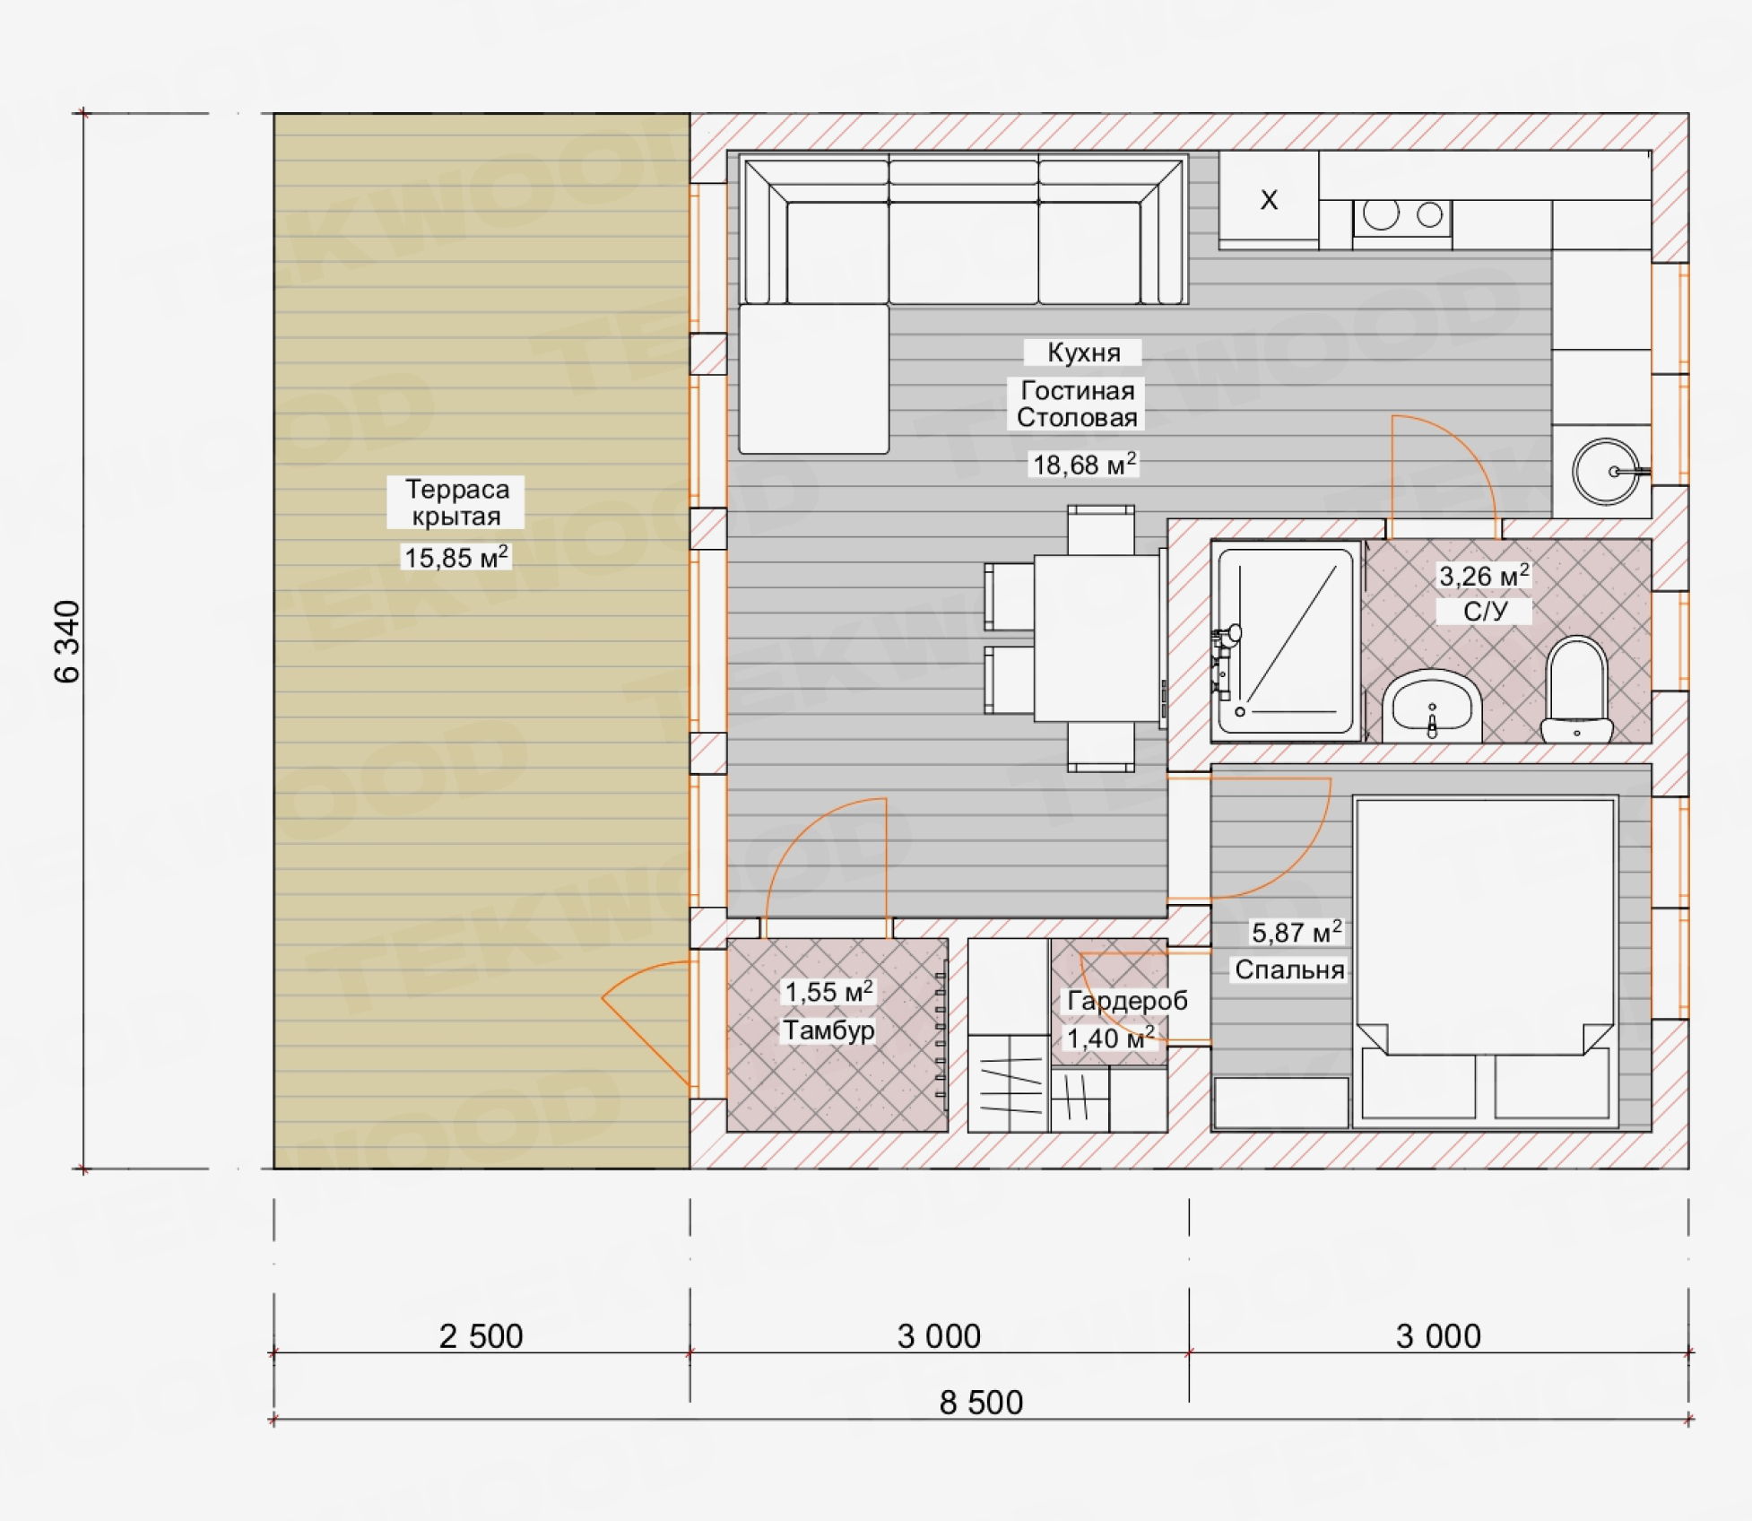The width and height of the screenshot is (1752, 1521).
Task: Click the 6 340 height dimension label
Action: (x=67, y=641)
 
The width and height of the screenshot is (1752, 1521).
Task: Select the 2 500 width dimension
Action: (x=481, y=1336)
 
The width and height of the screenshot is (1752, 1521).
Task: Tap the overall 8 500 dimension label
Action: (x=981, y=1403)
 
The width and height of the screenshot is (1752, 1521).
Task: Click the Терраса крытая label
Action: (x=456, y=502)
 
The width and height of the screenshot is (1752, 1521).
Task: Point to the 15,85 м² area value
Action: (x=456, y=557)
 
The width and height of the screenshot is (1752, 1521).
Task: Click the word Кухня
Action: (x=1083, y=352)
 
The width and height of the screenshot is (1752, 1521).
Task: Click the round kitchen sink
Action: (x=1606, y=472)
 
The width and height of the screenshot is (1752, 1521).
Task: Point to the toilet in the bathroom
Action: (x=1577, y=689)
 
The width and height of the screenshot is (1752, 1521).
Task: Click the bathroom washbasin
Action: (x=1432, y=706)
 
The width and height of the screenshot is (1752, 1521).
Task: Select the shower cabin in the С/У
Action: (x=1286, y=641)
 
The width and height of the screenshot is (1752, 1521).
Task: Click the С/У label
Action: (x=1485, y=612)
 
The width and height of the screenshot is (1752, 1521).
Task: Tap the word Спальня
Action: (x=1289, y=969)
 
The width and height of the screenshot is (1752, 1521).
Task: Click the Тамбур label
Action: (x=828, y=1030)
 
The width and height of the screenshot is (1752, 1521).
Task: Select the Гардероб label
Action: (x=1127, y=1001)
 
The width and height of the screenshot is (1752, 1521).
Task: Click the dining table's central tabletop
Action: (x=1097, y=639)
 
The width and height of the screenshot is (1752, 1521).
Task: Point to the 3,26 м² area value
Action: (x=1484, y=575)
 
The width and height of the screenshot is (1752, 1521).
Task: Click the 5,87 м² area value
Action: (x=1297, y=932)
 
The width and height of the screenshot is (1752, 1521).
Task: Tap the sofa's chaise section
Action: (x=814, y=378)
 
